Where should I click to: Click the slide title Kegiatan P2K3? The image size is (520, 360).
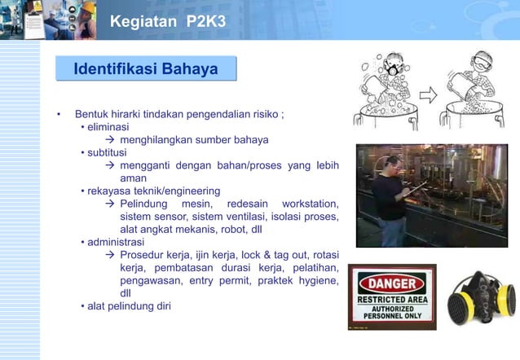[x=169, y=20]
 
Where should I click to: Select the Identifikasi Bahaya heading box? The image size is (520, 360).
[x=146, y=68]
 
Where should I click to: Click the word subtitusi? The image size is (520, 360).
[x=108, y=152]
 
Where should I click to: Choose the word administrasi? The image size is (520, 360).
[x=116, y=242]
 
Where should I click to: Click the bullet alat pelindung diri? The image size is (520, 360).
[x=130, y=306]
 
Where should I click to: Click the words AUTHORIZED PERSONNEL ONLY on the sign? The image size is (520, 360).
[x=393, y=314]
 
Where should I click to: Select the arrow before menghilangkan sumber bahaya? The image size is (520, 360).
[x=112, y=139]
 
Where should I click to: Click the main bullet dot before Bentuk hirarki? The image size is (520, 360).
[x=59, y=114]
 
